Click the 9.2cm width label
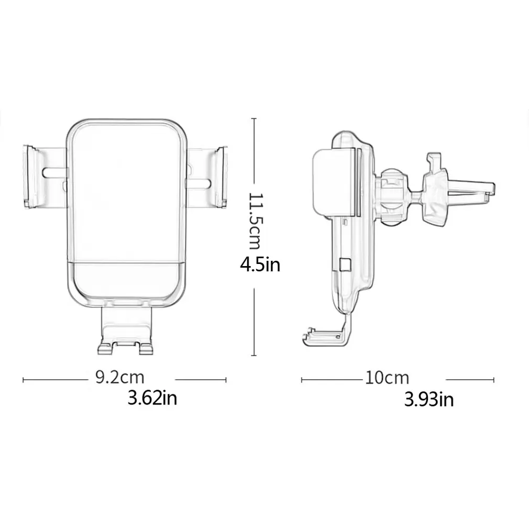120,377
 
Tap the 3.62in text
152,398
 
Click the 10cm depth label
387,378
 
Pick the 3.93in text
429,399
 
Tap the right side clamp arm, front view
207,177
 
